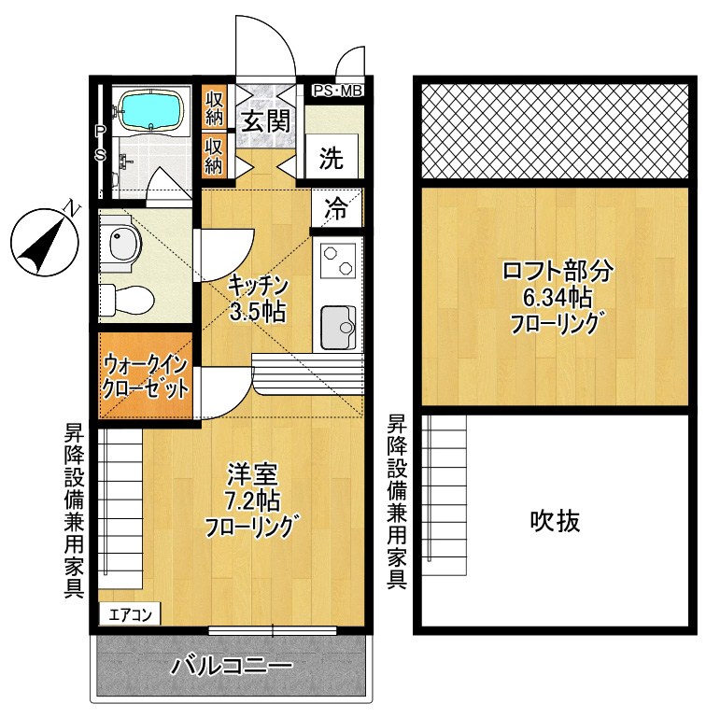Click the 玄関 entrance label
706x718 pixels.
coord(265,120)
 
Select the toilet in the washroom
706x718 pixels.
coord(122,298)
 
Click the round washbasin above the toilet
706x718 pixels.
coord(122,246)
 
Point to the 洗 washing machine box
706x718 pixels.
coord(332,158)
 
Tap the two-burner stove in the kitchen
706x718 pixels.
coord(338,260)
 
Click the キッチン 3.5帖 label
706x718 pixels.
coord(258,297)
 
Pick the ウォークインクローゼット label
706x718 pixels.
coord(148,374)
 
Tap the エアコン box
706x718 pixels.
coord(131,614)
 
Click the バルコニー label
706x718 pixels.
coord(232,667)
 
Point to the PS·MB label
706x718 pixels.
coord(336,91)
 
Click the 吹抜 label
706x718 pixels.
coord(556,520)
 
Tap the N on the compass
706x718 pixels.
coord(69,208)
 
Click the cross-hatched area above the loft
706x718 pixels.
coord(557,131)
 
